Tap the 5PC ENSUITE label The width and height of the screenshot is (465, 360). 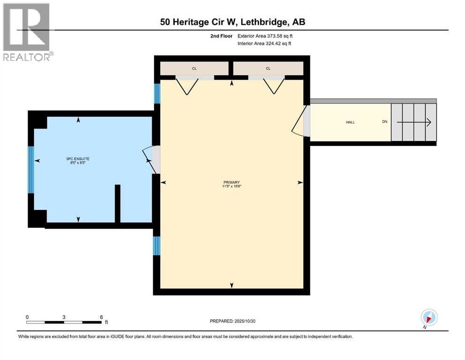click(x=77, y=159)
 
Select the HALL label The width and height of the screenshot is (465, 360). click(x=350, y=122)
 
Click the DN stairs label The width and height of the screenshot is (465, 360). click(x=384, y=122)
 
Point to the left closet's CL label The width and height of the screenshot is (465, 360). click(x=194, y=68)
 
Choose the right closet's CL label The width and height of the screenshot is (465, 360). click(x=268, y=68)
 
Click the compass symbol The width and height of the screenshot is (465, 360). click(x=429, y=317)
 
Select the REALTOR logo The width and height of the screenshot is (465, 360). click(x=27, y=32)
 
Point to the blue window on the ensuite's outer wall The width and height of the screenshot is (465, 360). click(x=31, y=169)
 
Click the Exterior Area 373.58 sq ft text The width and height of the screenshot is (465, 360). click(x=266, y=36)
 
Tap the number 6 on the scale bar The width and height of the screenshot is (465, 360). click(x=102, y=317)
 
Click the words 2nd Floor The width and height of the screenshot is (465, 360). click(x=222, y=36)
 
